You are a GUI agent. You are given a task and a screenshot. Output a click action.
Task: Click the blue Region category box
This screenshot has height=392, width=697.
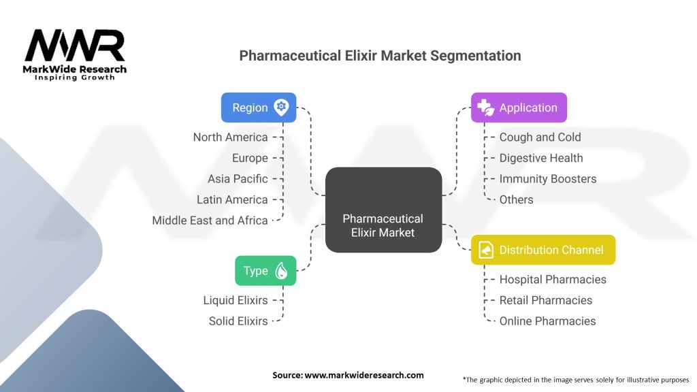[x=259, y=108]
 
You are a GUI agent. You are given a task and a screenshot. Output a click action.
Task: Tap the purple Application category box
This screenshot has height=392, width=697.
[x=519, y=108]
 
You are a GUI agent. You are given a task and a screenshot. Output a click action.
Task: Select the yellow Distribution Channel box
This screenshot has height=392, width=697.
[x=543, y=250]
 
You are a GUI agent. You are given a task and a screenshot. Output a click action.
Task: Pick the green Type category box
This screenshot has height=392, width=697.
[x=265, y=271]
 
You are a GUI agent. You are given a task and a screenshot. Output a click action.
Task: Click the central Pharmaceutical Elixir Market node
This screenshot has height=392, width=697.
[x=384, y=210]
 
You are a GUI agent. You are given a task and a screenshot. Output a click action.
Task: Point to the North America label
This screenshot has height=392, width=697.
[x=230, y=137]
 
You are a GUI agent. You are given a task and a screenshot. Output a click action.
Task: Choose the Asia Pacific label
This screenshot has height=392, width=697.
[x=238, y=179]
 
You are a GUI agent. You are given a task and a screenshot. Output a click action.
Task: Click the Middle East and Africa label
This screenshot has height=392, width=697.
[x=210, y=220]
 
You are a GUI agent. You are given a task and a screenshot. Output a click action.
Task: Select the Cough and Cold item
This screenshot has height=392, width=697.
[x=540, y=137]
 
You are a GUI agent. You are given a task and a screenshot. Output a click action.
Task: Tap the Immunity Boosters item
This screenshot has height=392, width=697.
[x=548, y=179]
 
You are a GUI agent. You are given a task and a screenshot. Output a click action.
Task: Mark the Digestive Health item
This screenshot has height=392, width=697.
[x=541, y=158]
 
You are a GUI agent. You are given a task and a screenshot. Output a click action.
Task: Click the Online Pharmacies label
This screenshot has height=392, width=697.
[x=548, y=321]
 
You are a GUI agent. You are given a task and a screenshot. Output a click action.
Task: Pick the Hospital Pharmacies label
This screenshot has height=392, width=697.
[x=553, y=280]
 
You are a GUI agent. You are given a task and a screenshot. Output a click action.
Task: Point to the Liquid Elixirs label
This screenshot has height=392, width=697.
[x=236, y=300]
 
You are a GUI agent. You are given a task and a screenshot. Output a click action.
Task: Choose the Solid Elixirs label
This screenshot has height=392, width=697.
[x=238, y=321]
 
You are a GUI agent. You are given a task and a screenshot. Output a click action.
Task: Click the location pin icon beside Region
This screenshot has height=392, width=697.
[x=281, y=108]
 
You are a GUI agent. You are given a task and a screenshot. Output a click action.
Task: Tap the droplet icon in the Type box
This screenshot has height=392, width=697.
[x=281, y=271]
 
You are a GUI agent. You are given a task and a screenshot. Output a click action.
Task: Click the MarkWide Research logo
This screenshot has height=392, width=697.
[x=75, y=54]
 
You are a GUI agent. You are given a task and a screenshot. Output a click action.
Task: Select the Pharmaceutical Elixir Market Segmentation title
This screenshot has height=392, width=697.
[x=380, y=56]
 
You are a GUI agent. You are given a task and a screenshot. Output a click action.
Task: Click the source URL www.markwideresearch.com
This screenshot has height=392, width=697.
[x=364, y=375]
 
